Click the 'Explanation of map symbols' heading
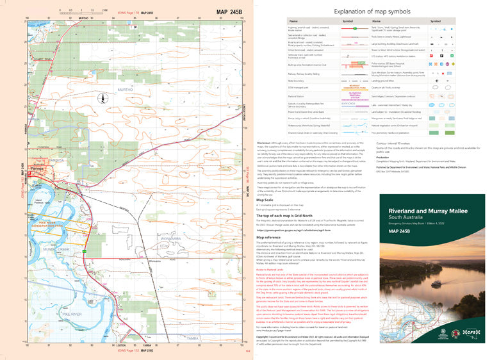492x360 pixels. pos(372,12)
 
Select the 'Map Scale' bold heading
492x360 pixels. pos(265,199)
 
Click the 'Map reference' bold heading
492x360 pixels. pos(269,236)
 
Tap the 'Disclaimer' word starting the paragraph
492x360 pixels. pos(263,143)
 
